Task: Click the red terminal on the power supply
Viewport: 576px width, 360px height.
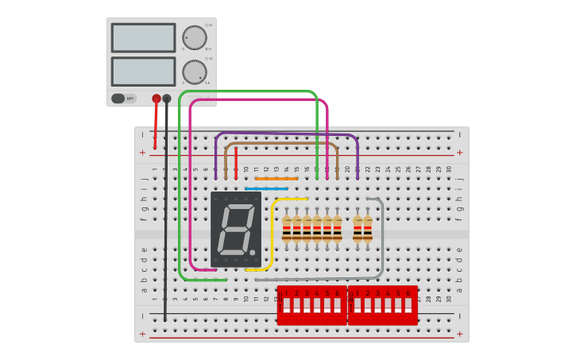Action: pyautogui.click(x=157, y=99)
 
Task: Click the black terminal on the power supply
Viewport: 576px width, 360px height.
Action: pyautogui.click(x=167, y=99)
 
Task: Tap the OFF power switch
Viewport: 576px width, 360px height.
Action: pyautogui.click(x=118, y=99)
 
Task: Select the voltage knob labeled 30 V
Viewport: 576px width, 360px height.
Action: pyautogui.click(x=194, y=37)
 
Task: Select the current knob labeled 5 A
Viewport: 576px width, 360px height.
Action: pyautogui.click(x=194, y=72)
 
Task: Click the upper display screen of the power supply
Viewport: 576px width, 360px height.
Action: pyautogui.click(x=143, y=37)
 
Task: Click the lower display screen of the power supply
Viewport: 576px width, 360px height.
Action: pyautogui.click(x=143, y=71)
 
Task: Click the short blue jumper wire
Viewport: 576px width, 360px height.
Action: pyautogui.click(x=266, y=189)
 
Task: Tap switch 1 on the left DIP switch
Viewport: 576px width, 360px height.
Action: pyautogui.click(x=286, y=305)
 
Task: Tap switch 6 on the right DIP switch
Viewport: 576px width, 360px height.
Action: pyautogui.click(x=408, y=305)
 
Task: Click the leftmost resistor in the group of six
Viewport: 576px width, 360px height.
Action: pyautogui.click(x=287, y=229)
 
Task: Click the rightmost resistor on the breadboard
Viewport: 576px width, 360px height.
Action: pyautogui.click(x=368, y=229)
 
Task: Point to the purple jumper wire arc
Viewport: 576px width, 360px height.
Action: pyautogui.click(x=286, y=134)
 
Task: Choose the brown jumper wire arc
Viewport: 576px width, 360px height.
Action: pyautogui.click(x=281, y=144)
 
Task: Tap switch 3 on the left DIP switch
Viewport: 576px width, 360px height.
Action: pyautogui.click(x=307, y=305)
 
